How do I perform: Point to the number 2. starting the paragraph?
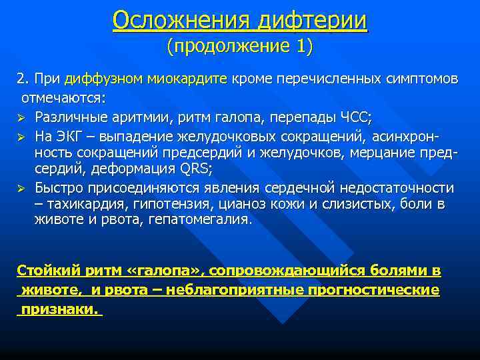[23, 80]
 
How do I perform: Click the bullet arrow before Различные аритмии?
[21, 117]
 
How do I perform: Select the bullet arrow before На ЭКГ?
[21, 137]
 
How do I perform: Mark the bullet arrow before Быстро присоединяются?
[21, 188]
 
